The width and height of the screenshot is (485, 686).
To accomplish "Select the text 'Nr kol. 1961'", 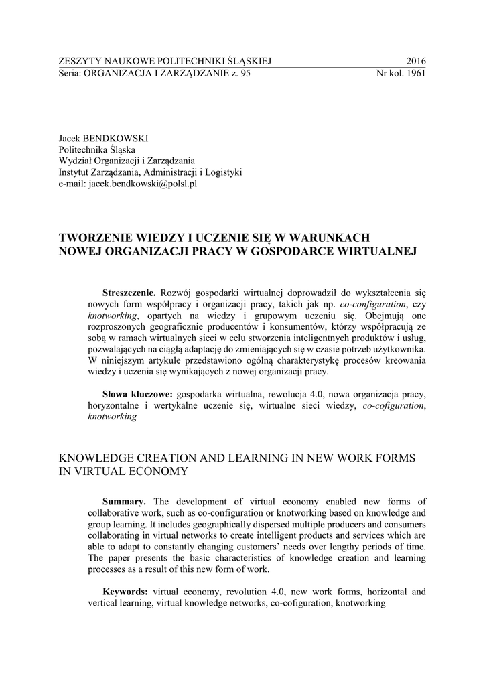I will (402, 74).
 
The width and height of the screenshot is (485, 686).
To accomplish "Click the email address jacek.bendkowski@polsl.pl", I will (127, 184).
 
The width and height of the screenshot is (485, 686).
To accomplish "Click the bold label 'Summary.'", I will (124, 502).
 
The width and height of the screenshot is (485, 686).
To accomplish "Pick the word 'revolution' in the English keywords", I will (247, 592).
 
